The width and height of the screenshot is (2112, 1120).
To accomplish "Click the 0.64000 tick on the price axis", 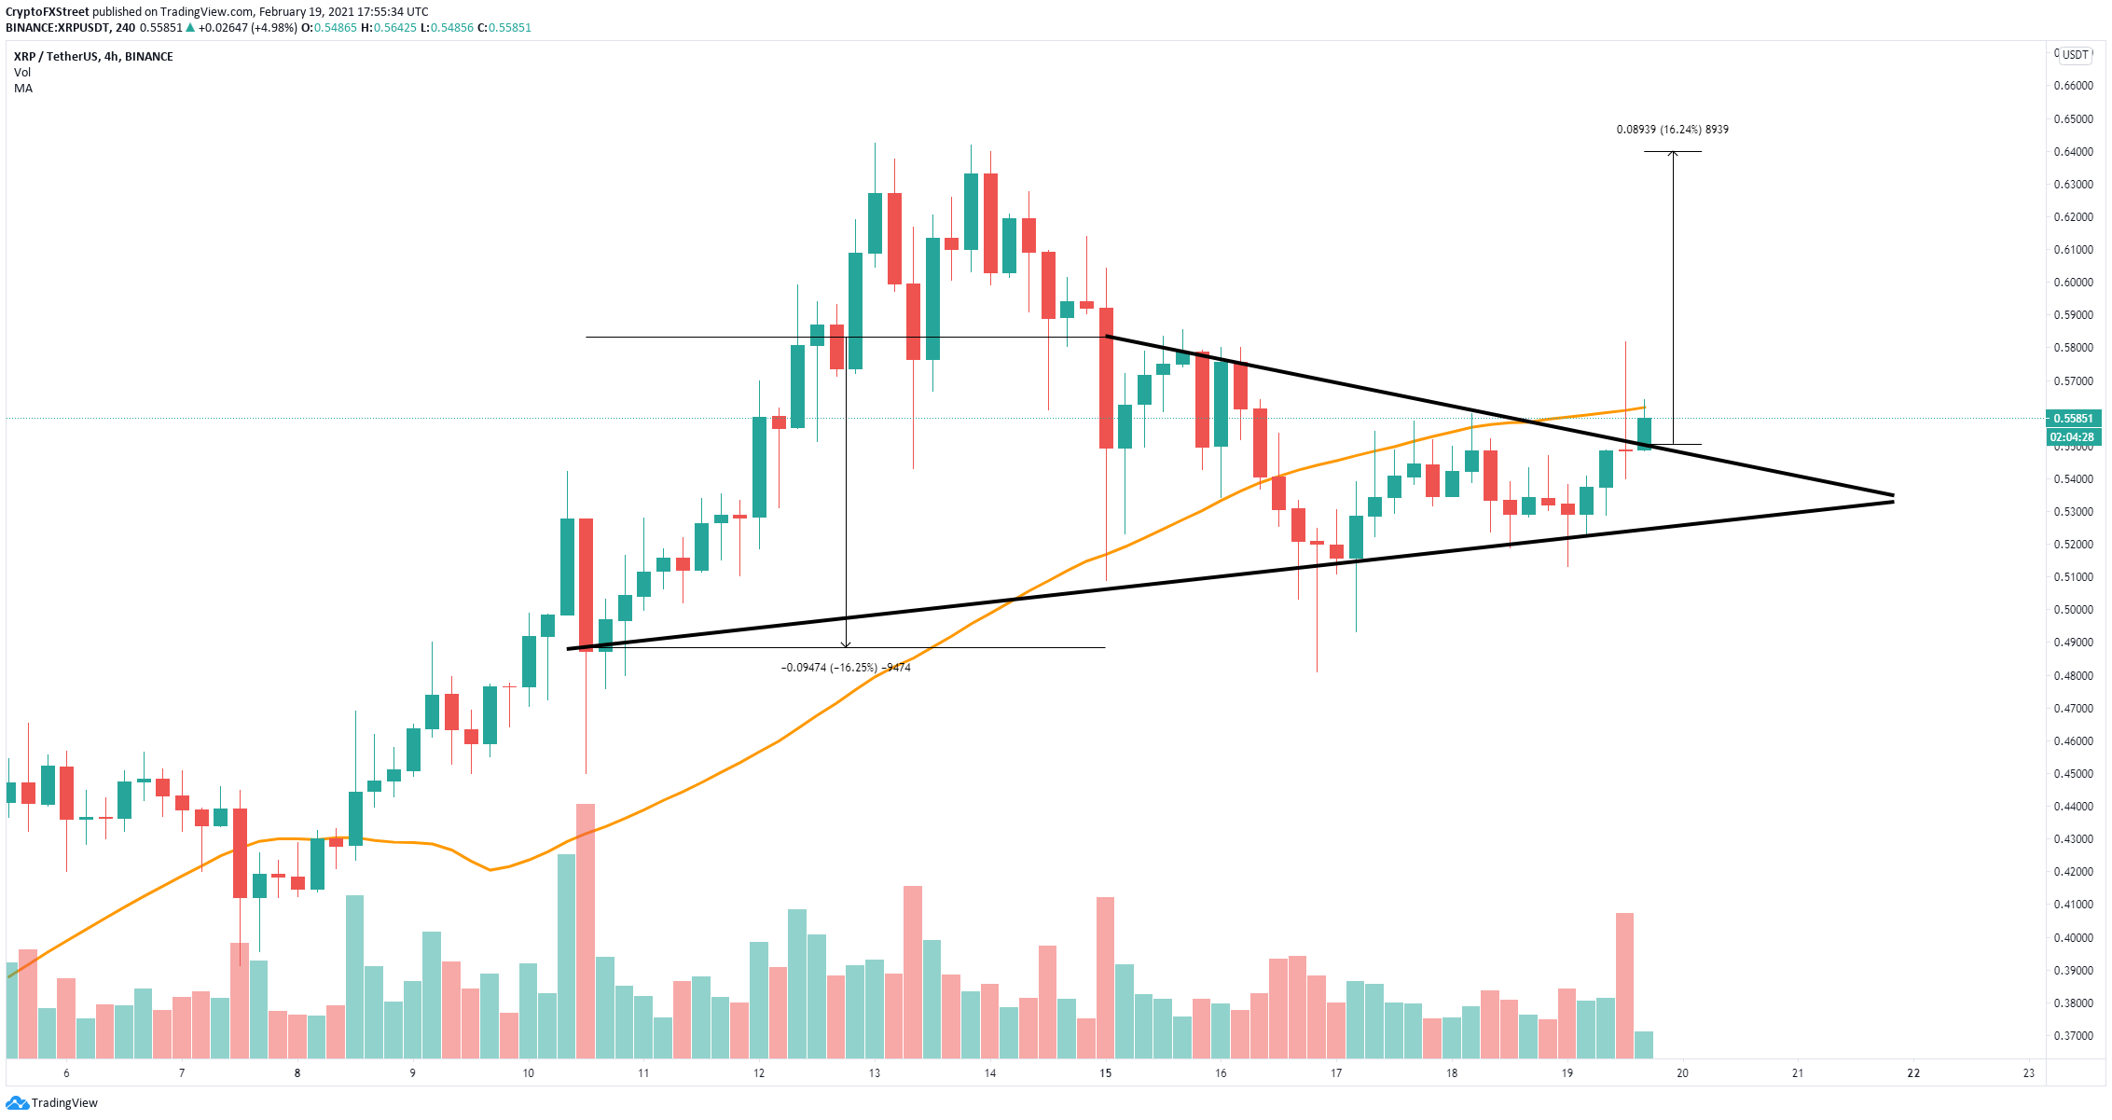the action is tap(2073, 152).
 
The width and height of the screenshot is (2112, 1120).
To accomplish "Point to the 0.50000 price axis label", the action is tap(2073, 610).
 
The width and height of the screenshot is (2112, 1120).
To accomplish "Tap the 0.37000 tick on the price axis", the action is tap(2073, 1035).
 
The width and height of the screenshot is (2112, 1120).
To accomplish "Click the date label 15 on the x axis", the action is tap(1105, 1073).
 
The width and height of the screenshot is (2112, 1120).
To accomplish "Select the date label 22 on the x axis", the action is tap(1913, 1073).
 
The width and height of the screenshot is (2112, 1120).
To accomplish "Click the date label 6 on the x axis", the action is tap(66, 1073).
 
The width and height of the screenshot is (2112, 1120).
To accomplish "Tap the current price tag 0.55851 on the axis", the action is tap(2074, 419).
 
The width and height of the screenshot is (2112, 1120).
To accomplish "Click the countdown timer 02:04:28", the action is tap(2074, 436).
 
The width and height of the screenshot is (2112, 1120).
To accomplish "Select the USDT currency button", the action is tap(2075, 55).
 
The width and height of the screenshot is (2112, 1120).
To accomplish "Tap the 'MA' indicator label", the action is tap(23, 89).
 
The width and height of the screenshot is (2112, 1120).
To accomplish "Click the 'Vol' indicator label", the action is tap(22, 73).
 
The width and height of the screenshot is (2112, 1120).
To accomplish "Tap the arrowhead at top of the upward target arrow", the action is tap(1673, 153).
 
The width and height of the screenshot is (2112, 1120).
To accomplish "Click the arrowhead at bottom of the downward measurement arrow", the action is tap(846, 645).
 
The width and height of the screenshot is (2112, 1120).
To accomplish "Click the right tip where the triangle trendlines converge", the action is tap(1893, 498).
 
